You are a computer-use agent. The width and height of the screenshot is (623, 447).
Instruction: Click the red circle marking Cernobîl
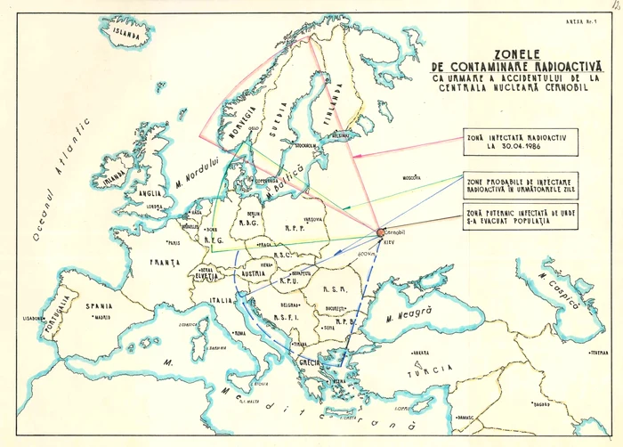(380, 232)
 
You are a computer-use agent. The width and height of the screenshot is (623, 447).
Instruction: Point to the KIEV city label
(389, 242)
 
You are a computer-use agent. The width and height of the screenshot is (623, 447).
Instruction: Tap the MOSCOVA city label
(412, 177)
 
